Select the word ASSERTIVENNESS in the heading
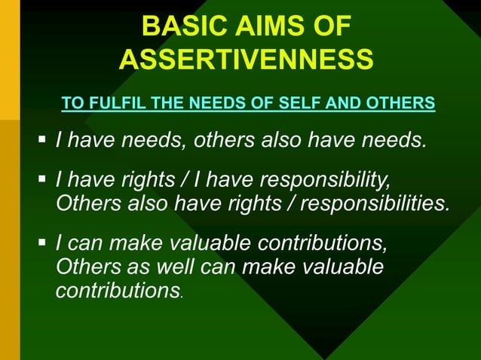point(246,59)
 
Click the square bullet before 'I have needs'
point(43,139)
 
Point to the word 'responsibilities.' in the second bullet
point(373,203)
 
